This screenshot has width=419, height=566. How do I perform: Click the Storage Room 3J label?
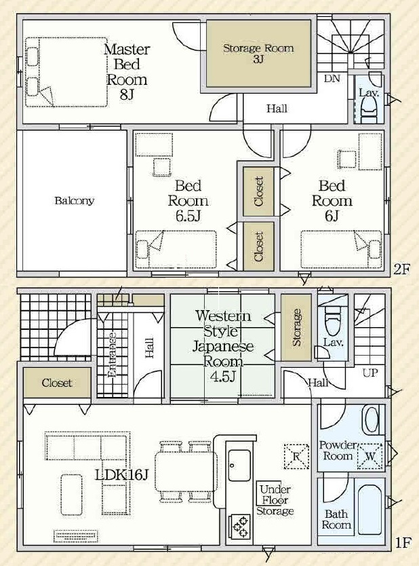pyautogui.click(x=258, y=53)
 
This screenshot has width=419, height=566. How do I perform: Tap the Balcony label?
pyautogui.click(x=75, y=201)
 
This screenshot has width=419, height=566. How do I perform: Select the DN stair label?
pyautogui.click(x=332, y=78)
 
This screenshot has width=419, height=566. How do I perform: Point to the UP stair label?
pyautogui.click(x=370, y=373)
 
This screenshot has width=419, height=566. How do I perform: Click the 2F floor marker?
pyautogui.click(x=401, y=269)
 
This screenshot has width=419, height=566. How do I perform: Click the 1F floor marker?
pyautogui.click(x=403, y=542)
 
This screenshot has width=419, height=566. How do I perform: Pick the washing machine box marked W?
pyautogui.click(x=370, y=456)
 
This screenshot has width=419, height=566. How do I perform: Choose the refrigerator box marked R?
pyautogui.click(x=296, y=456)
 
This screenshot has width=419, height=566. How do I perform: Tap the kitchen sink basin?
pyautogui.click(x=239, y=466)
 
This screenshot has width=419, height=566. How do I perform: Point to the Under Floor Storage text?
pyautogui.click(x=275, y=500)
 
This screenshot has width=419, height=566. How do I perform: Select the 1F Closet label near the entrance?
pyautogui.click(x=57, y=383)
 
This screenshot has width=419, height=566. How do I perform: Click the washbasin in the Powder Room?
pyautogui.click(x=372, y=419)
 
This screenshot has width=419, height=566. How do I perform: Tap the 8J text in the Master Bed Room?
pyautogui.click(x=127, y=95)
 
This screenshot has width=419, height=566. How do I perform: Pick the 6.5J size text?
pyautogui.click(x=188, y=216)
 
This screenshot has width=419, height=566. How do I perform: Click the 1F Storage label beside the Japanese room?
pyautogui.click(x=297, y=328)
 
